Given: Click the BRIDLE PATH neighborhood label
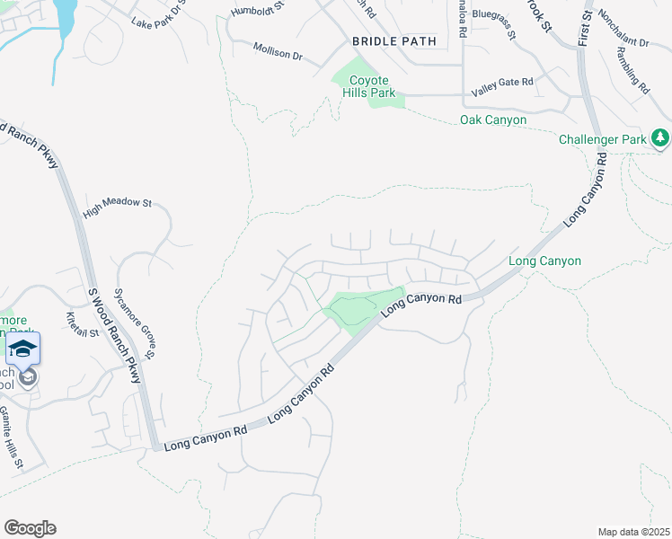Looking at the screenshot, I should tap(393, 41).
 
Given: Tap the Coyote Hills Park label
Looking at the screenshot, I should tap(371, 86).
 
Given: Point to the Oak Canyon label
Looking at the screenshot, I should tap(493, 119).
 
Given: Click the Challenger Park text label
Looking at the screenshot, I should tap(602, 140).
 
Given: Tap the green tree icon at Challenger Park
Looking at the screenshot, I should tap(660, 137).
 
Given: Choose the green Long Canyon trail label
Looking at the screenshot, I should tap(544, 261).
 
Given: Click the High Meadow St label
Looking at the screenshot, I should tap(117, 208).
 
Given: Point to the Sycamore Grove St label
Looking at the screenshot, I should tap(134, 318).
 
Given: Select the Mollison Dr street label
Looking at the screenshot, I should tap(278, 51).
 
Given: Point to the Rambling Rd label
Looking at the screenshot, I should tap(633, 71).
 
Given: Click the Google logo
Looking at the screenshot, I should tap(30, 528).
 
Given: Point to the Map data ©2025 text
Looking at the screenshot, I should tap(632, 532).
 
